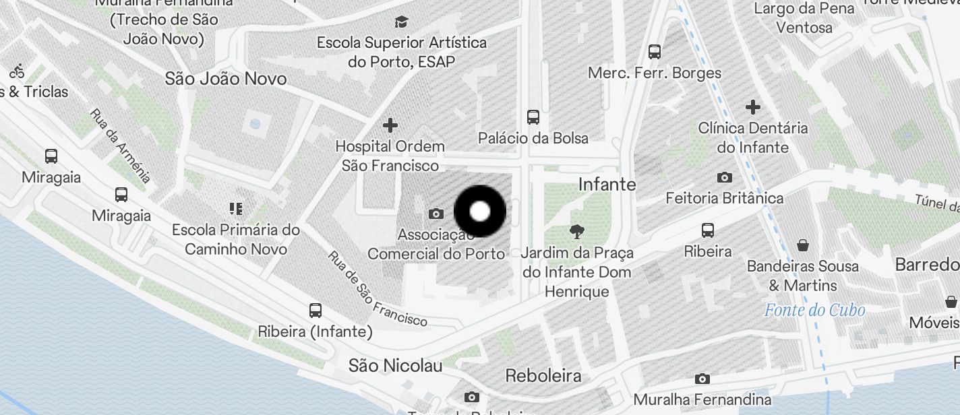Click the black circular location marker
[x=479, y=212]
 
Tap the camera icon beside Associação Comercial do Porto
[x=436, y=214]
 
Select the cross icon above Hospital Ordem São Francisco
[x=390, y=125]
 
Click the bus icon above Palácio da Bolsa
[x=533, y=117]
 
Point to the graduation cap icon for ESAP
[x=402, y=22]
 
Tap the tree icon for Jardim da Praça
[x=577, y=232]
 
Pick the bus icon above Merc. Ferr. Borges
[x=654, y=52]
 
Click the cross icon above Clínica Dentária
[x=753, y=107]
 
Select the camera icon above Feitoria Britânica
[x=725, y=178]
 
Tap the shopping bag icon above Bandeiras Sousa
[x=802, y=245]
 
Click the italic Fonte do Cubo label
[x=814, y=311]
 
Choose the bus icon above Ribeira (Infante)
[x=315, y=311]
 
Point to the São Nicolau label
[x=396, y=366]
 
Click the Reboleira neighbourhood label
[x=543, y=375]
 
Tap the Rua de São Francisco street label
[x=378, y=289]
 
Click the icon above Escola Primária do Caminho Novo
[x=235, y=209]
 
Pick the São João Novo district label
[x=226, y=79]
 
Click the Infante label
[x=607, y=184]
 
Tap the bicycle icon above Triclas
[x=17, y=70]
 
